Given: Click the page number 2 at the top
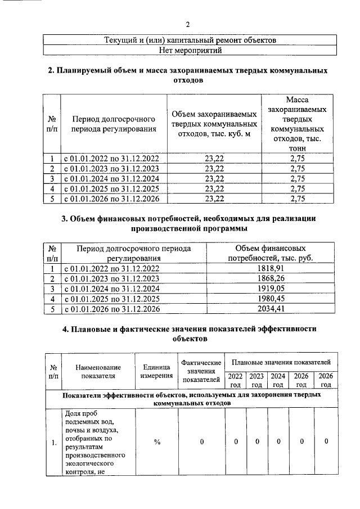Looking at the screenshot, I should pyautogui.click(x=187, y=24).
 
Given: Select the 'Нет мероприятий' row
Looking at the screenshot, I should pyautogui.click(x=187, y=51).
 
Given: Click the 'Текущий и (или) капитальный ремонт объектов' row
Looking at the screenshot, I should pyautogui.click(x=187, y=40).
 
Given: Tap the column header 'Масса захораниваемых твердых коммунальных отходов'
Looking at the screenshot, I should pyautogui.click(x=294, y=124).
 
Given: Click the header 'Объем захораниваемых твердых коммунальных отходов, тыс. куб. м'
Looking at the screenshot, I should pyautogui.click(x=214, y=124).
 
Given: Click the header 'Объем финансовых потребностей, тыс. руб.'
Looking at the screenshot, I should pyautogui.click(x=270, y=253).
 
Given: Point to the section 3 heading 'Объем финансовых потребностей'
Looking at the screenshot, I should pyautogui.click(x=187, y=223).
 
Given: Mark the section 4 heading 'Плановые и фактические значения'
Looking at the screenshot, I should pyautogui.click(x=187, y=334).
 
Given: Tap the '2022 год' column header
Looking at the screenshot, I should pyautogui.click(x=236, y=380).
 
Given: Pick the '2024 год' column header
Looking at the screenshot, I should pyautogui.click(x=277, y=380).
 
